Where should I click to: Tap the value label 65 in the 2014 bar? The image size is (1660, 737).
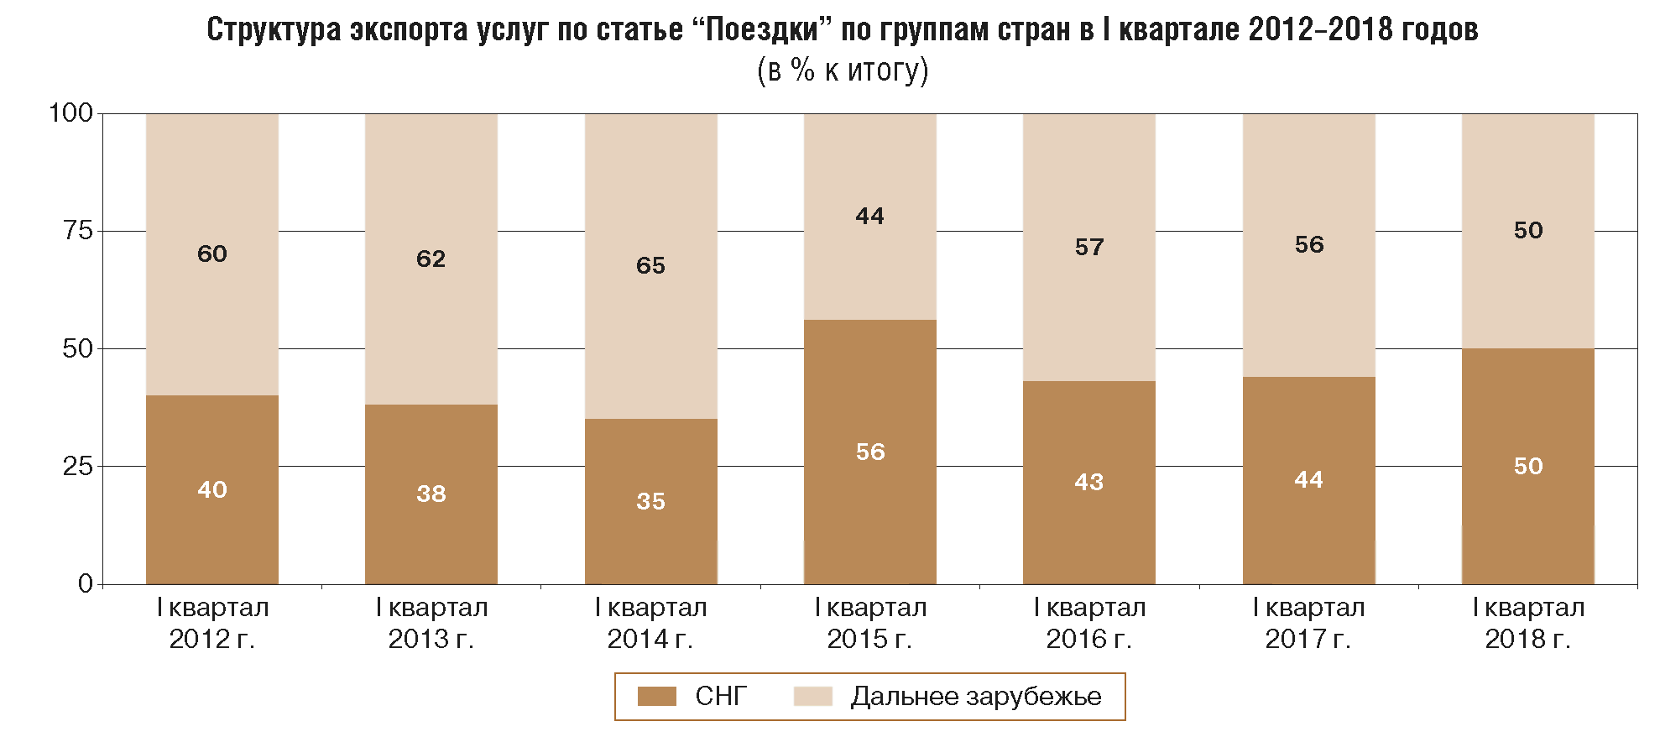(x=650, y=265)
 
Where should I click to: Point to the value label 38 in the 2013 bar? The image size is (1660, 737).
(x=431, y=494)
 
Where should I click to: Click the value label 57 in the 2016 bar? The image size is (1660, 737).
(x=1089, y=247)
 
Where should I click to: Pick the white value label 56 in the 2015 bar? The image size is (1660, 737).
(x=870, y=452)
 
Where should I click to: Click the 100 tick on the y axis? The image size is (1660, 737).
(x=70, y=112)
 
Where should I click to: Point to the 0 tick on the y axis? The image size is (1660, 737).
(x=85, y=583)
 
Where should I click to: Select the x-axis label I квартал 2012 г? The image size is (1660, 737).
(x=212, y=623)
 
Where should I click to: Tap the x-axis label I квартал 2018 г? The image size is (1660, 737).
(x=1527, y=623)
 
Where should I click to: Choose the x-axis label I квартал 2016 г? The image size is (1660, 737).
(x=1089, y=623)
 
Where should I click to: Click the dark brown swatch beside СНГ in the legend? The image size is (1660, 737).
(x=656, y=696)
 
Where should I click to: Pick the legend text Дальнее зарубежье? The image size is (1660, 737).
(x=975, y=696)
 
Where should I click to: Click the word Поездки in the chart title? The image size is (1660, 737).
(x=761, y=29)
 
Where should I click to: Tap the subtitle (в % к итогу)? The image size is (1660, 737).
(x=843, y=70)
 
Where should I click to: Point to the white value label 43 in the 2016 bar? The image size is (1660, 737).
(x=1089, y=482)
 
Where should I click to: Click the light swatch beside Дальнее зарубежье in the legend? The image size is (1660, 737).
(x=812, y=696)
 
